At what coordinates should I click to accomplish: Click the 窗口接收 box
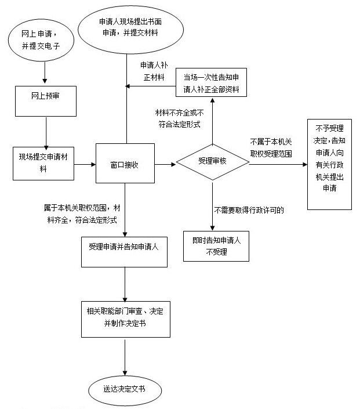(125, 165)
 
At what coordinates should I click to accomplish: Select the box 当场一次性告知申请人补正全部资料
(212, 84)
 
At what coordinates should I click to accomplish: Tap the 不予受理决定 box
(329, 164)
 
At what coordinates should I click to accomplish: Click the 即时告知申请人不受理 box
(212, 245)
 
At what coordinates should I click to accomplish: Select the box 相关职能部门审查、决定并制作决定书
(125, 318)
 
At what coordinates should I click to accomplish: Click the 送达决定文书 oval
(124, 388)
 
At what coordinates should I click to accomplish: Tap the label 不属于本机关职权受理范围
(271, 148)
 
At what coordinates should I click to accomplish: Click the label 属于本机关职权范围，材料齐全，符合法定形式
(81, 213)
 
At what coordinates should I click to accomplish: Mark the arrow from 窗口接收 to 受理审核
(165, 165)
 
